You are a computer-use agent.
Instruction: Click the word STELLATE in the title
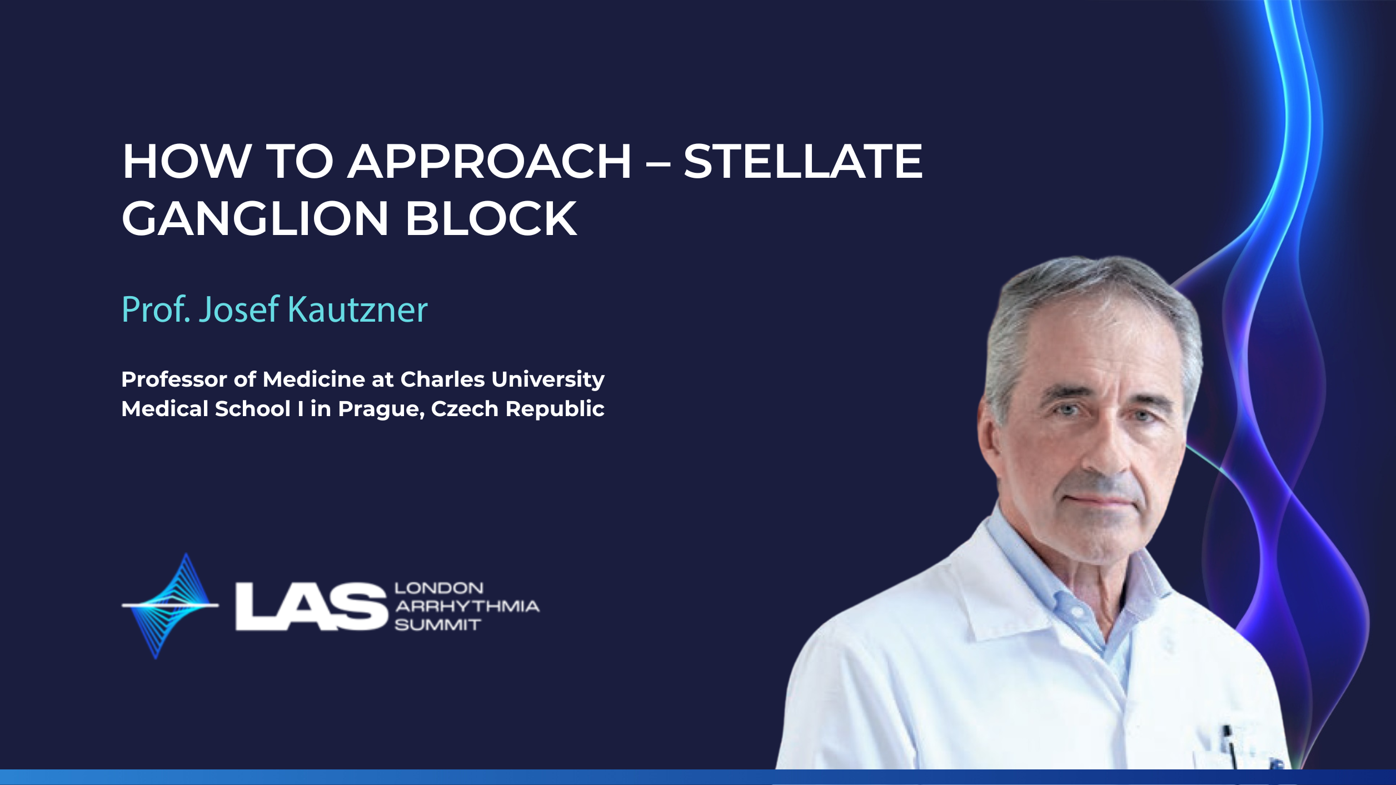(x=803, y=161)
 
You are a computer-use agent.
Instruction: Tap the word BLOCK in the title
(x=492, y=218)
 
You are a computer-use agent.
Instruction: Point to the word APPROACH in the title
(x=490, y=161)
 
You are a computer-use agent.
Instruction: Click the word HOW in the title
(x=186, y=161)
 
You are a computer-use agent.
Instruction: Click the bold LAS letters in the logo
(x=311, y=607)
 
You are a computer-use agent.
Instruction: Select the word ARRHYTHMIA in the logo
(x=467, y=606)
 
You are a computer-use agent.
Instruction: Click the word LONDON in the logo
(x=439, y=588)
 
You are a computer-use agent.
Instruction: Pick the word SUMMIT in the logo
(x=437, y=625)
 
